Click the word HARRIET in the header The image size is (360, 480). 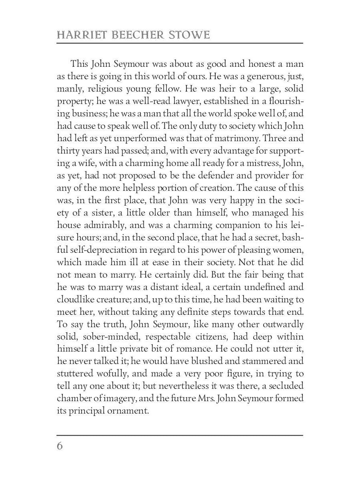pos(79,35)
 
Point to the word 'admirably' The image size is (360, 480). pos(103,225)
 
